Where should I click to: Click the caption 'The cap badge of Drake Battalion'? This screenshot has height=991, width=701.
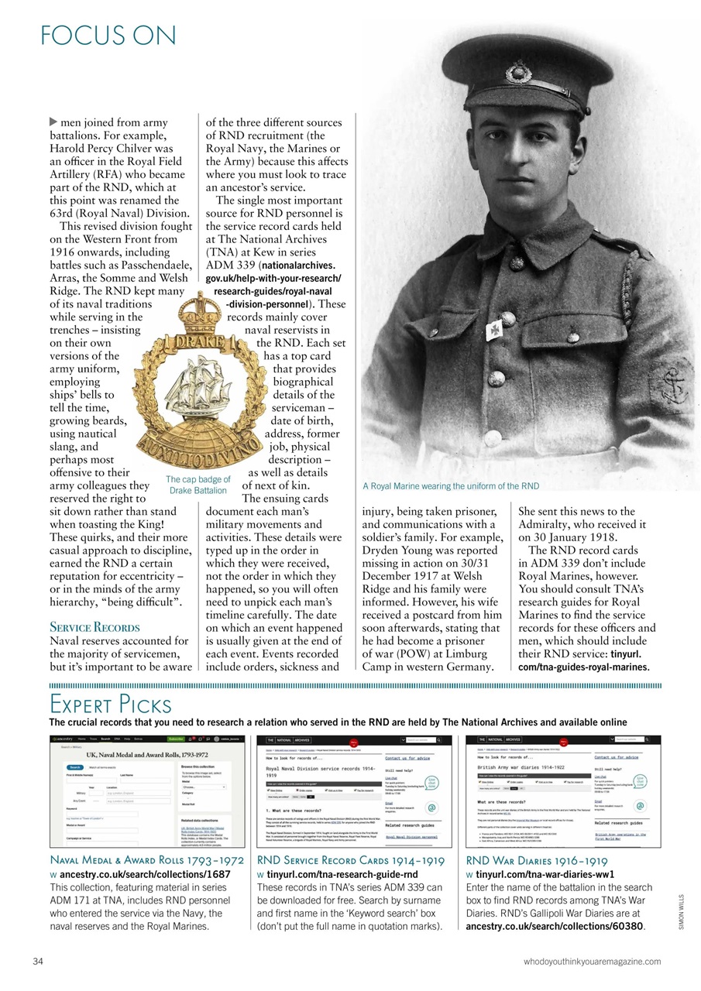pos(198,485)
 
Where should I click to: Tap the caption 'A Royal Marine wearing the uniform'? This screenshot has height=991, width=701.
pos(450,486)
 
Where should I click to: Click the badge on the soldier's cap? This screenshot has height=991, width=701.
pos(517,75)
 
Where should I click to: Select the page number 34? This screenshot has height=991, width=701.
pos(38,962)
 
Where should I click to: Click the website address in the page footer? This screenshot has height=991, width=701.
pos(593,962)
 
